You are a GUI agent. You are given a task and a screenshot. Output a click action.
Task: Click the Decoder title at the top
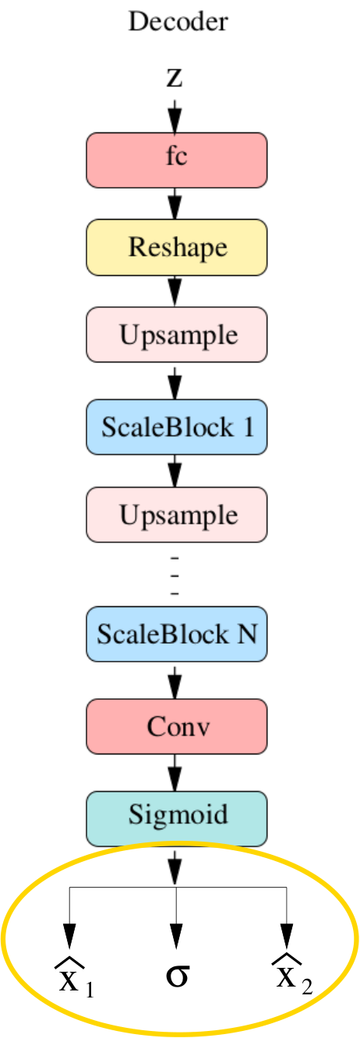(x=178, y=22)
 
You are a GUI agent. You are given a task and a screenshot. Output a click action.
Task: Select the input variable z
(x=175, y=78)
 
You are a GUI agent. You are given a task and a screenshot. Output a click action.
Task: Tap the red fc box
(x=177, y=160)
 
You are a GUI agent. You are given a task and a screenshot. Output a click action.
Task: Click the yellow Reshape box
(x=177, y=248)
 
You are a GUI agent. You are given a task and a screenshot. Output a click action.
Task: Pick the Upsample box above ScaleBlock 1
(x=177, y=334)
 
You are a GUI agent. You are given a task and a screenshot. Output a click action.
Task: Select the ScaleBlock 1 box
(x=177, y=427)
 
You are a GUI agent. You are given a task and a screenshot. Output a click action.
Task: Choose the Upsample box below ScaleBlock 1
(x=177, y=514)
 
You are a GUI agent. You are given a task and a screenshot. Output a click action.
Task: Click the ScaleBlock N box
(x=177, y=634)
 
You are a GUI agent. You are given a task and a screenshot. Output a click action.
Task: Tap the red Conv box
(x=177, y=726)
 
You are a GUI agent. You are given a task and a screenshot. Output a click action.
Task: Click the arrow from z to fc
(x=175, y=117)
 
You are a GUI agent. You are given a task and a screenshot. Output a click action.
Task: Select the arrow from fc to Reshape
(x=175, y=204)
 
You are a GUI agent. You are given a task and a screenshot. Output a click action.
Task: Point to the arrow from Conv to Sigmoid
(x=175, y=772)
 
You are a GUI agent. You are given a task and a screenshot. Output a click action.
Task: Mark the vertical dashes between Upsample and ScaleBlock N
(x=175, y=576)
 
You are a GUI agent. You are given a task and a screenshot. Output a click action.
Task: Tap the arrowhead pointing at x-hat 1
(x=69, y=936)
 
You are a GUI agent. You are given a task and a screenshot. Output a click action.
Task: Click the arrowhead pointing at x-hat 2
(x=287, y=936)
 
